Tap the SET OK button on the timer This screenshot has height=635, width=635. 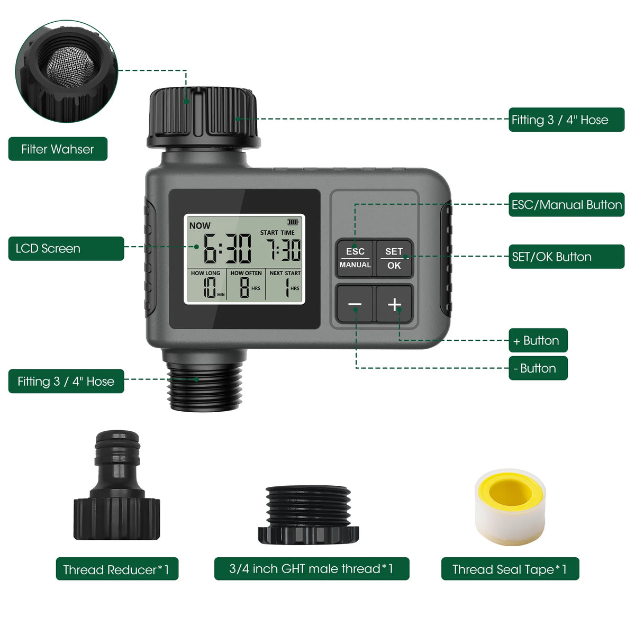(394, 258)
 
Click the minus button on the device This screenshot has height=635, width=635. (355, 304)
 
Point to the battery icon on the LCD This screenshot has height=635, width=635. (293, 222)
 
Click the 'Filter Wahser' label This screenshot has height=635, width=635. (58, 149)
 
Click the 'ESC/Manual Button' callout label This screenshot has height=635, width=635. (566, 205)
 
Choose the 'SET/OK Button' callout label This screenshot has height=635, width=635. (566, 257)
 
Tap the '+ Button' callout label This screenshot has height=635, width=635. (538, 340)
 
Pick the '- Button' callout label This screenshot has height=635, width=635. (538, 368)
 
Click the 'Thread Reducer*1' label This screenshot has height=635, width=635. (117, 569)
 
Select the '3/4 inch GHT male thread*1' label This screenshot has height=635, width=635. (312, 569)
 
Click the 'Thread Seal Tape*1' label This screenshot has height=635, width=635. (510, 569)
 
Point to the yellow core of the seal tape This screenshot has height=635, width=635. (510, 492)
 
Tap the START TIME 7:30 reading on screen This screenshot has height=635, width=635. (283, 250)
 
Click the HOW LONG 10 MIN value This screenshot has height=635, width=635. (210, 288)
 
